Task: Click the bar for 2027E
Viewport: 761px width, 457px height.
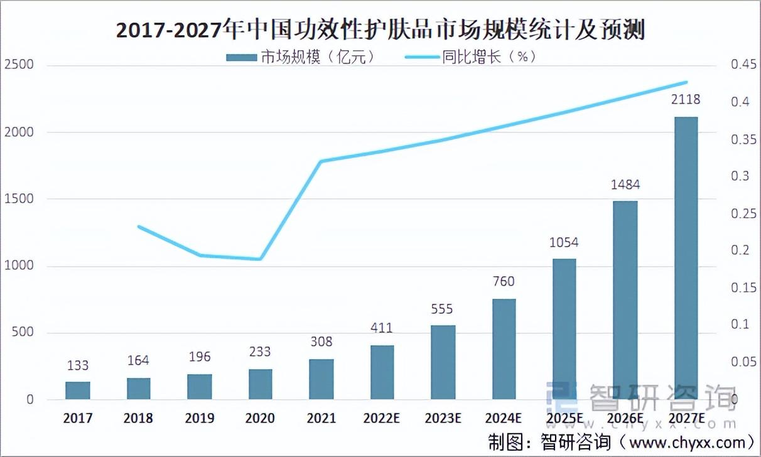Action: [x=686, y=258]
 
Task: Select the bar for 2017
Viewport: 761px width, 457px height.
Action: [x=78, y=390]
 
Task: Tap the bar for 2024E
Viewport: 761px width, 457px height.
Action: [x=504, y=349]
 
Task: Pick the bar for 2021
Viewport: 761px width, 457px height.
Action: [x=321, y=379]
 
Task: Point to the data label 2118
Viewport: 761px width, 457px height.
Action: [x=685, y=100]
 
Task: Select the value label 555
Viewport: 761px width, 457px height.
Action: [x=442, y=309]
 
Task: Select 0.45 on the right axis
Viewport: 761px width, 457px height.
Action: [x=741, y=65]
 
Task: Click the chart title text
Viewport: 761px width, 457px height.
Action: [x=380, y=30]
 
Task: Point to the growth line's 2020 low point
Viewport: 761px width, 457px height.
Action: [x=260, y=259]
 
